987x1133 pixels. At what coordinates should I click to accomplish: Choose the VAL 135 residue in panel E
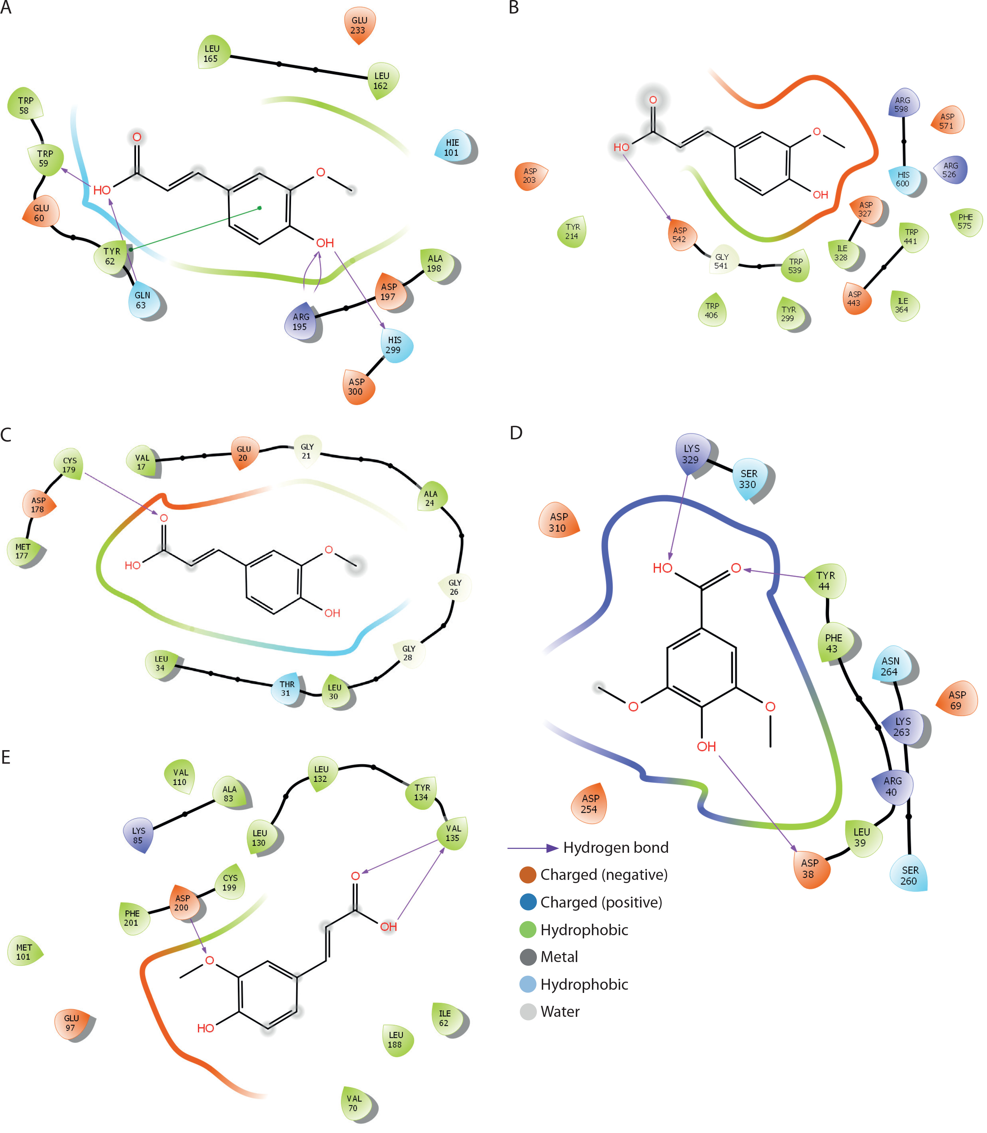(x=453, y=833)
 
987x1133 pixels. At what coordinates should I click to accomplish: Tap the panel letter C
(x=6, y=435)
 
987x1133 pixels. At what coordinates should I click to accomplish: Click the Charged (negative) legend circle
(x=528, y=875)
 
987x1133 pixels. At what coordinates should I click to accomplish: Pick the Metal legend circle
(x=528, y=957)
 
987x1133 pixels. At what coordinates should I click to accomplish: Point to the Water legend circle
(x=528, y=1011)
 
